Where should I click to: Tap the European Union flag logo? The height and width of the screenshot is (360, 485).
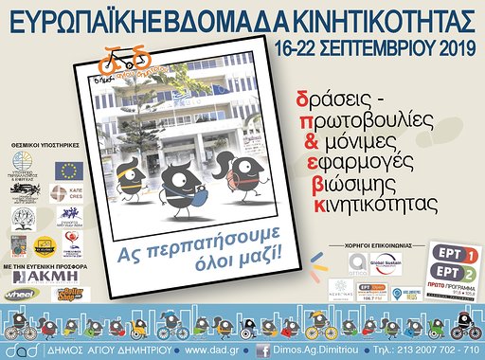(x=67, y=171)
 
